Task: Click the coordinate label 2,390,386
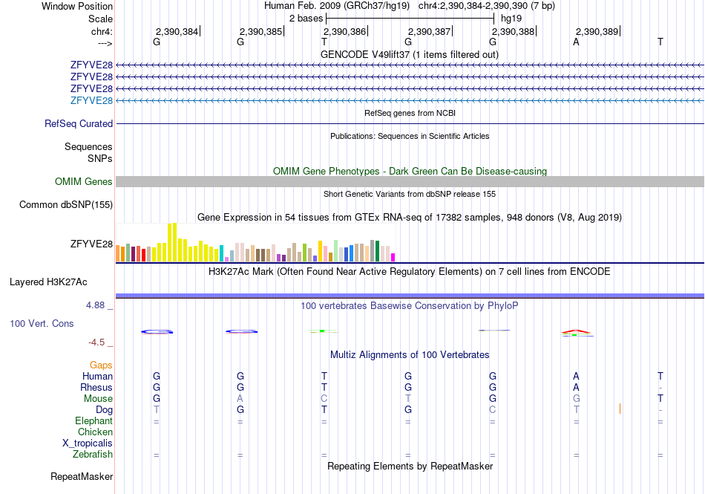click(x=344, y=31)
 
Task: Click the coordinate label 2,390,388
click(x=513, y=31)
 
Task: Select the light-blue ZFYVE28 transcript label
click(x=91, y=100)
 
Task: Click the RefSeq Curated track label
click(x=79, y=124)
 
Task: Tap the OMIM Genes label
click(x=84, y=181)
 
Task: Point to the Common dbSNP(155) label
click(x=66, y=205)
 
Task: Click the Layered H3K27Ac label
click(x=48, y=282)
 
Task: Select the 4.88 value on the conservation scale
click(x=95, y=305)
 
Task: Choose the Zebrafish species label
click(x=93, y=455)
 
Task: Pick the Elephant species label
click(x=94, y=420)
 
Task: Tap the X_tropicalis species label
click(x=88, y=443)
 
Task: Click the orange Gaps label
click(x=101, y=365)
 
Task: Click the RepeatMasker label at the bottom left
click(x=82, y=476)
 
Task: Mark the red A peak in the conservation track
click(x=576, y=331)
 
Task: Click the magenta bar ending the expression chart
click(x=393, y=257)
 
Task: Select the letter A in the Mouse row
click(x=240, y=398)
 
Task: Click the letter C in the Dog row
click(x=492, y=409)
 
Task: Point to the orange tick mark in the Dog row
click(x=620, y=409)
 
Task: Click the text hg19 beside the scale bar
click(x=511, y=19)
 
